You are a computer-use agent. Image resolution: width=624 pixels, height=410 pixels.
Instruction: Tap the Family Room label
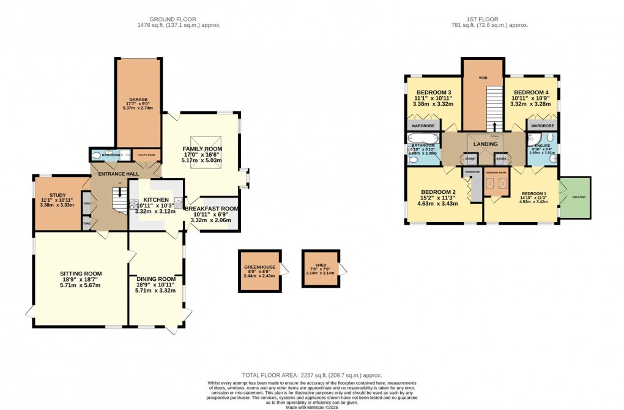pyautogui.click(x=202, y=149)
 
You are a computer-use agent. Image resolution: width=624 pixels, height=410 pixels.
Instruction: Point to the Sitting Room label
pyautogui.click(x=81, y=274)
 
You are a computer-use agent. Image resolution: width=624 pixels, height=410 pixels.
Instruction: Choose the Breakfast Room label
pyautogui.click(x=211, y=209)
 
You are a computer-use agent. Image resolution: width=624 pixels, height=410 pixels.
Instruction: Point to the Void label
pyautogui.click(x=483, y=78)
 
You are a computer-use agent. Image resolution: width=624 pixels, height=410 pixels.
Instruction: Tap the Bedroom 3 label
pyautogui.click(x=428, y=92)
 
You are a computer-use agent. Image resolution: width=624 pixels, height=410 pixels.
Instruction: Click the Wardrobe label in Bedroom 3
pyautogui.click(x=423, y=125)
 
